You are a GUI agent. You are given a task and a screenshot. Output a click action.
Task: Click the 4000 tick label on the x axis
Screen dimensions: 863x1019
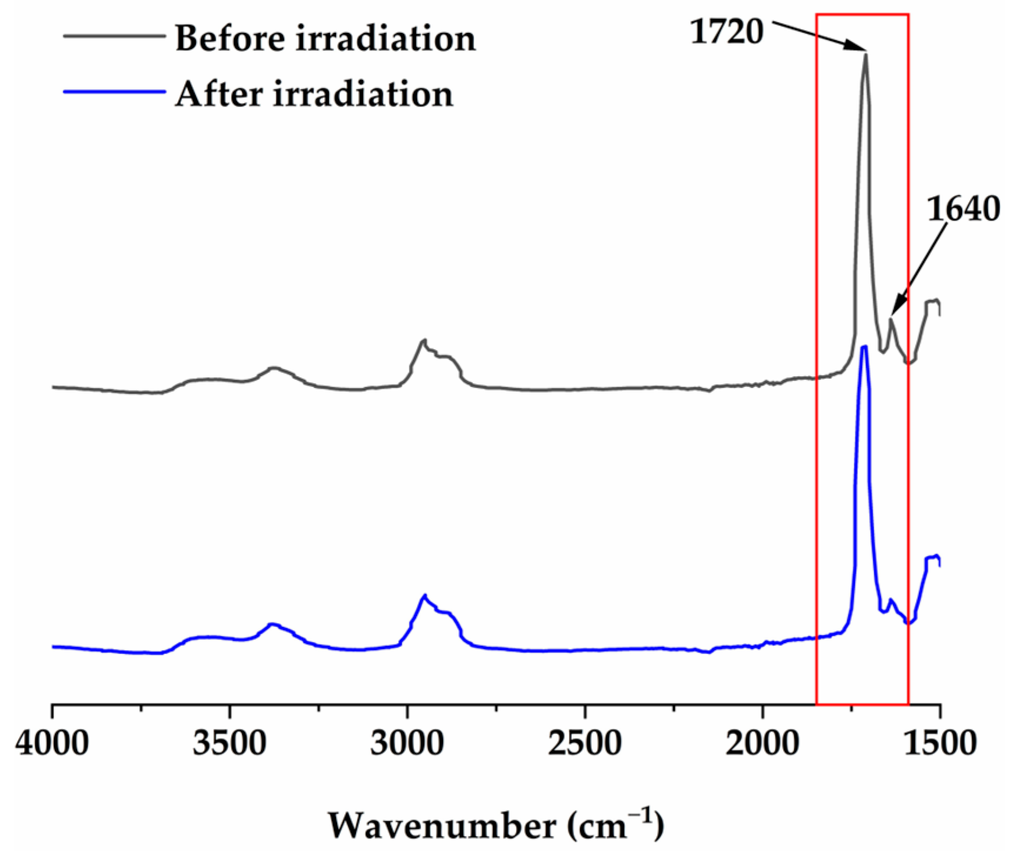coord(52,743)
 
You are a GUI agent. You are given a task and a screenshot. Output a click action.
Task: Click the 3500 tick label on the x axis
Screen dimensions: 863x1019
coord(230,743)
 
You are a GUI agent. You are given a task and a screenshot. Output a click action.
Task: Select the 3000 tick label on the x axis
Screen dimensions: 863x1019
coord(407,743)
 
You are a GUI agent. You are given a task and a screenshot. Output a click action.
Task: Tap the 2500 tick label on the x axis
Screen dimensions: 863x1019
coord(585,743)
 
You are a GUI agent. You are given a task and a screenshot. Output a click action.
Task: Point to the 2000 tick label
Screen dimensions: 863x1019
coord(762,743)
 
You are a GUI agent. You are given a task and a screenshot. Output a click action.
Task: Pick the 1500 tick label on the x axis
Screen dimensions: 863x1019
coord(940,743)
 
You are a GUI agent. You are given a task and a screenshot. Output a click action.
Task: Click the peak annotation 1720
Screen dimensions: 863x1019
coord(727,32)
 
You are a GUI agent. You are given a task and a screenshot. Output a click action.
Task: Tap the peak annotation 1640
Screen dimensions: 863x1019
coord(963,209)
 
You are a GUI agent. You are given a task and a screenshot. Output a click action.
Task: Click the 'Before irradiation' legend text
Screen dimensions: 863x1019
coord(325,39)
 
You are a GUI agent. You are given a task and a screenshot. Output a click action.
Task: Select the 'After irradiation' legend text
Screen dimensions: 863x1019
coord(314,94)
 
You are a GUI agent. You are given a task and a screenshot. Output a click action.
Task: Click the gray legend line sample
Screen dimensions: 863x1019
coord(114,36)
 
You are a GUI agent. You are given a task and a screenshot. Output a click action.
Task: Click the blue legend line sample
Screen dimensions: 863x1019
coord(114,92)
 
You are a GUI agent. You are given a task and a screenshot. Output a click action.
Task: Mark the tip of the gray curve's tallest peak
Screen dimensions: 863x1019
coord(865,54)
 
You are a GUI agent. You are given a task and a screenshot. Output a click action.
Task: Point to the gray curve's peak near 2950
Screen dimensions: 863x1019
coord(424,340)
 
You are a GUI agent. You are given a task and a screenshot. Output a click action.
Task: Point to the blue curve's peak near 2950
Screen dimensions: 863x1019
coord(424,595)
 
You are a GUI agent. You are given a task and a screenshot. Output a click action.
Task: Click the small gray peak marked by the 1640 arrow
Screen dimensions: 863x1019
coord(891,319)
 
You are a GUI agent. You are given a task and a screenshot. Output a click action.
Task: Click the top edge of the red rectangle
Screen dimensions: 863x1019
coord(862,14)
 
